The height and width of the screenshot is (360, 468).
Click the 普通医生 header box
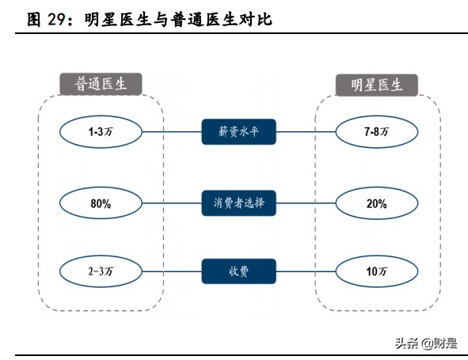tap(101, 84)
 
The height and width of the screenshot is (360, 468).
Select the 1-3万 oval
tap(101, 132)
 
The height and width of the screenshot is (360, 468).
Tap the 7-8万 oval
tap(376, 132)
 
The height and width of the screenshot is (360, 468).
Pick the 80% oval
tap(101, 203)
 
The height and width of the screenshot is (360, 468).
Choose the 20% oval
tap(376, 203)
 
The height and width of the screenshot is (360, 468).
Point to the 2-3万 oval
tap(101, 271)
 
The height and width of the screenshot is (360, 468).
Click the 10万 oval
tap(376, 271)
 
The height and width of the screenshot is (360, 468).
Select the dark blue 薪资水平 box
tap(238, 132)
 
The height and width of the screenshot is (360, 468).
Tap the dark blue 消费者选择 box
tap(238, 203)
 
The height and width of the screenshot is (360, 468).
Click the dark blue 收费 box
tap(238, 271)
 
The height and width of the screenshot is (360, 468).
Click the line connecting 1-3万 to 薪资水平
tap(170, 132)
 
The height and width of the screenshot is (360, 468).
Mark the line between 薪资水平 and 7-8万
tap(307, 132)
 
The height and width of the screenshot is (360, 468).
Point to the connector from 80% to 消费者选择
tap(170, 203)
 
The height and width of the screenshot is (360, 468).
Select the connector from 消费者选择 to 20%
tap(307, 203)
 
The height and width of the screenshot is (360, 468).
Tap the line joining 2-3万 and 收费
tap(170, 271)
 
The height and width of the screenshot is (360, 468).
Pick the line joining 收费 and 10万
tap(307, 271)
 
